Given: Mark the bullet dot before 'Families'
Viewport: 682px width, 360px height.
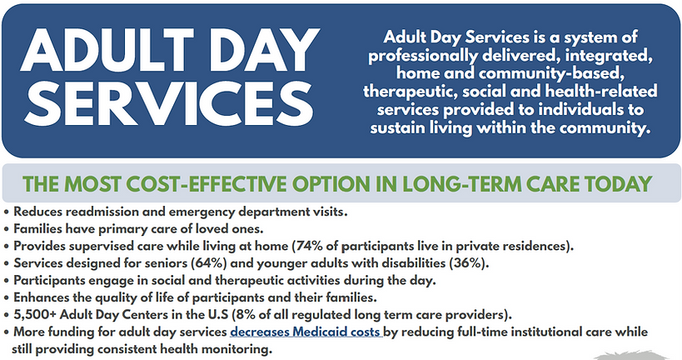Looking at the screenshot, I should pos(7,229).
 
